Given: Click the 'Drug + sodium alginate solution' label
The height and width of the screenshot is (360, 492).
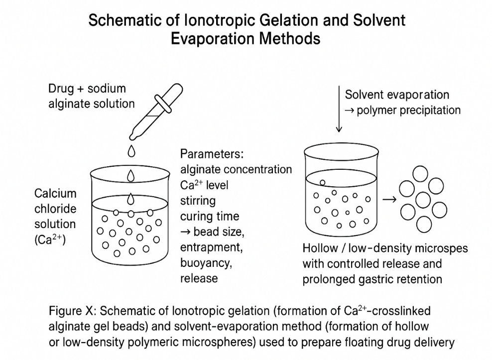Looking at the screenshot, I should coord(92,96).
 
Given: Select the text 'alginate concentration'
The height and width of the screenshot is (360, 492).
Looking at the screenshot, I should coord(236,169).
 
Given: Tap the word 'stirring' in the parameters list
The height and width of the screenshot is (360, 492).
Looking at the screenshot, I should coord(198,201).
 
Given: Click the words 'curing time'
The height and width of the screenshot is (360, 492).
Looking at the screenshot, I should coord(210,217).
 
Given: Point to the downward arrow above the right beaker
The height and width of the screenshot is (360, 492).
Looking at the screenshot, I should coord(339,110).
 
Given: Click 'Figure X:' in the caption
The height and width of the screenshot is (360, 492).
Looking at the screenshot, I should coord(73,311).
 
